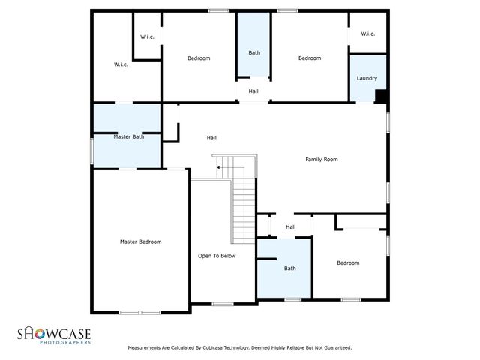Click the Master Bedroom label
141,241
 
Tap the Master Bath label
128,136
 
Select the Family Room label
321,159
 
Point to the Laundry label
367,78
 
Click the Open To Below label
217,256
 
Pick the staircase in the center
244,199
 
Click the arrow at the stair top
218,169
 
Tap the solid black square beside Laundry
380,96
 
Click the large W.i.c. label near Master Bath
121,64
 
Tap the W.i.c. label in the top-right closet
367,34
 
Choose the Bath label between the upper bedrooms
254,52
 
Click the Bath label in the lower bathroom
289,268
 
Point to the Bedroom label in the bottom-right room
348,262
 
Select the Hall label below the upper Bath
253,91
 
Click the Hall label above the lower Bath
290,227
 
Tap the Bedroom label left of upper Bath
199,58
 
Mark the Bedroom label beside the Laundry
310,58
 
